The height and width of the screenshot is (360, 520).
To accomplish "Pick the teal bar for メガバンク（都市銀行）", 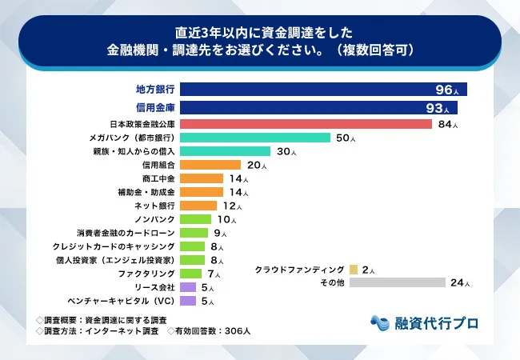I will click(255, 138).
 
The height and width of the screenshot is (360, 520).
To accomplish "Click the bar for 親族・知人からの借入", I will click(226, 151).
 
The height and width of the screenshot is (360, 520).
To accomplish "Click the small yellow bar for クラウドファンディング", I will click(354, 269).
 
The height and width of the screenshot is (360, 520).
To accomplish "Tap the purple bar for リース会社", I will click(189, 287).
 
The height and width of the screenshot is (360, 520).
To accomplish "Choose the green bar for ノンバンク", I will click(196, 219).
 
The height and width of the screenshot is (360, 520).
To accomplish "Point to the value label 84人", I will click(447, 124).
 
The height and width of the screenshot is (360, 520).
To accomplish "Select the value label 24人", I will click(461, 282).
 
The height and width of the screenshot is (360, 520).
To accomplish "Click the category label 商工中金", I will click(158, 178).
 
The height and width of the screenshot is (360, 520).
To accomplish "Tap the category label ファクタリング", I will click(147, 274).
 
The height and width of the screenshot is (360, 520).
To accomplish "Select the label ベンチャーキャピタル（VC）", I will click(121, 301).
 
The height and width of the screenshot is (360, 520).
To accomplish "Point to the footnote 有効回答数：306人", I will click(210, 331).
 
